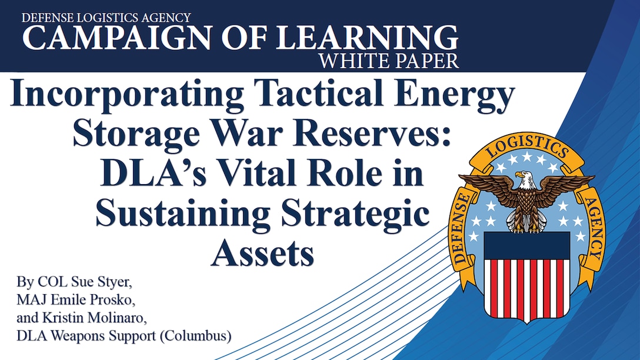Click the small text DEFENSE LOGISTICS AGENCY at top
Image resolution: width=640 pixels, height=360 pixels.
106,16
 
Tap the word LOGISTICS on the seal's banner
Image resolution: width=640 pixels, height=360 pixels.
526,144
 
